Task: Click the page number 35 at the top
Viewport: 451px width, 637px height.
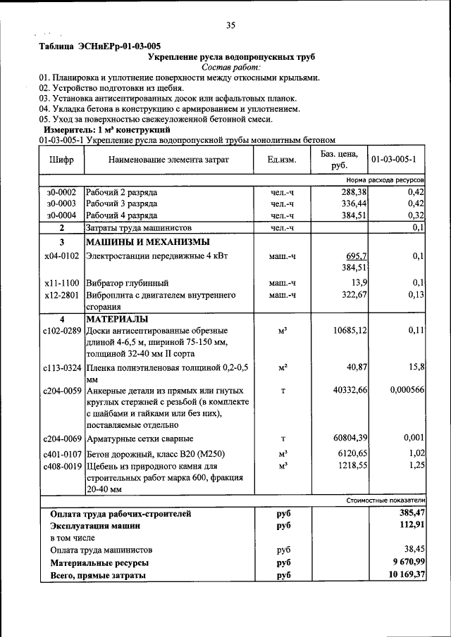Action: click(x=230, y=26)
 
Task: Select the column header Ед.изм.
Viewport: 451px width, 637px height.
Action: click(x=281, y=160)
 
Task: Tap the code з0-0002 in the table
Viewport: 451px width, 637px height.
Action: click(x=61, y=191)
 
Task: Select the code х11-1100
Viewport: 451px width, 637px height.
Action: click(x=61, y=282)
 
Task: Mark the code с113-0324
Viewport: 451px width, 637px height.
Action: click(x=61, y=367)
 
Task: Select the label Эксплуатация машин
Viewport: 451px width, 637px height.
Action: click(x=95, y=526)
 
